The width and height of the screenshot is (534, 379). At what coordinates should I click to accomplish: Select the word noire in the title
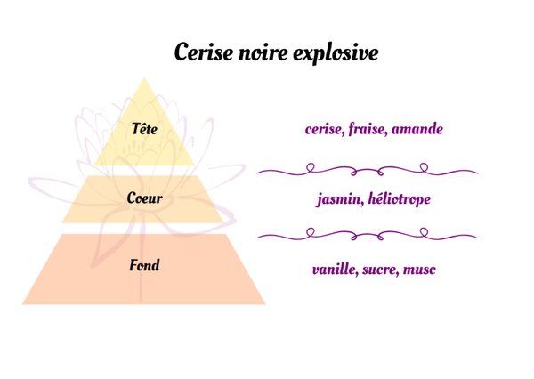coord(263,52)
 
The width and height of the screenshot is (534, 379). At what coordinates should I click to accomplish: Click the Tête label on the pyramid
coord(144,130)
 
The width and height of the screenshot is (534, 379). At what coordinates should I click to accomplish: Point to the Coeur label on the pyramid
coord(144,198)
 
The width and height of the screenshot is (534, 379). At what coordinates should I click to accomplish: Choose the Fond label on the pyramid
coord(144,265)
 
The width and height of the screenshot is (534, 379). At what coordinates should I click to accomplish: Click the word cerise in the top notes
coord(327,130)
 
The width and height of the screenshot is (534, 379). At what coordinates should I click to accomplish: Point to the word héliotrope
coord(399,200)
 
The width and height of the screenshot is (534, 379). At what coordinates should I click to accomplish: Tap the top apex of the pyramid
coord(144,79)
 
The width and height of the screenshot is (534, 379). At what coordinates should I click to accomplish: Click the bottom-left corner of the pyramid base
coord(24,303)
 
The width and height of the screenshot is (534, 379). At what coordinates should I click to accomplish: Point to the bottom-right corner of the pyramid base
coord(264,303)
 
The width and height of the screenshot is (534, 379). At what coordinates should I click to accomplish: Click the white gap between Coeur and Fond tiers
coord(144,228)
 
